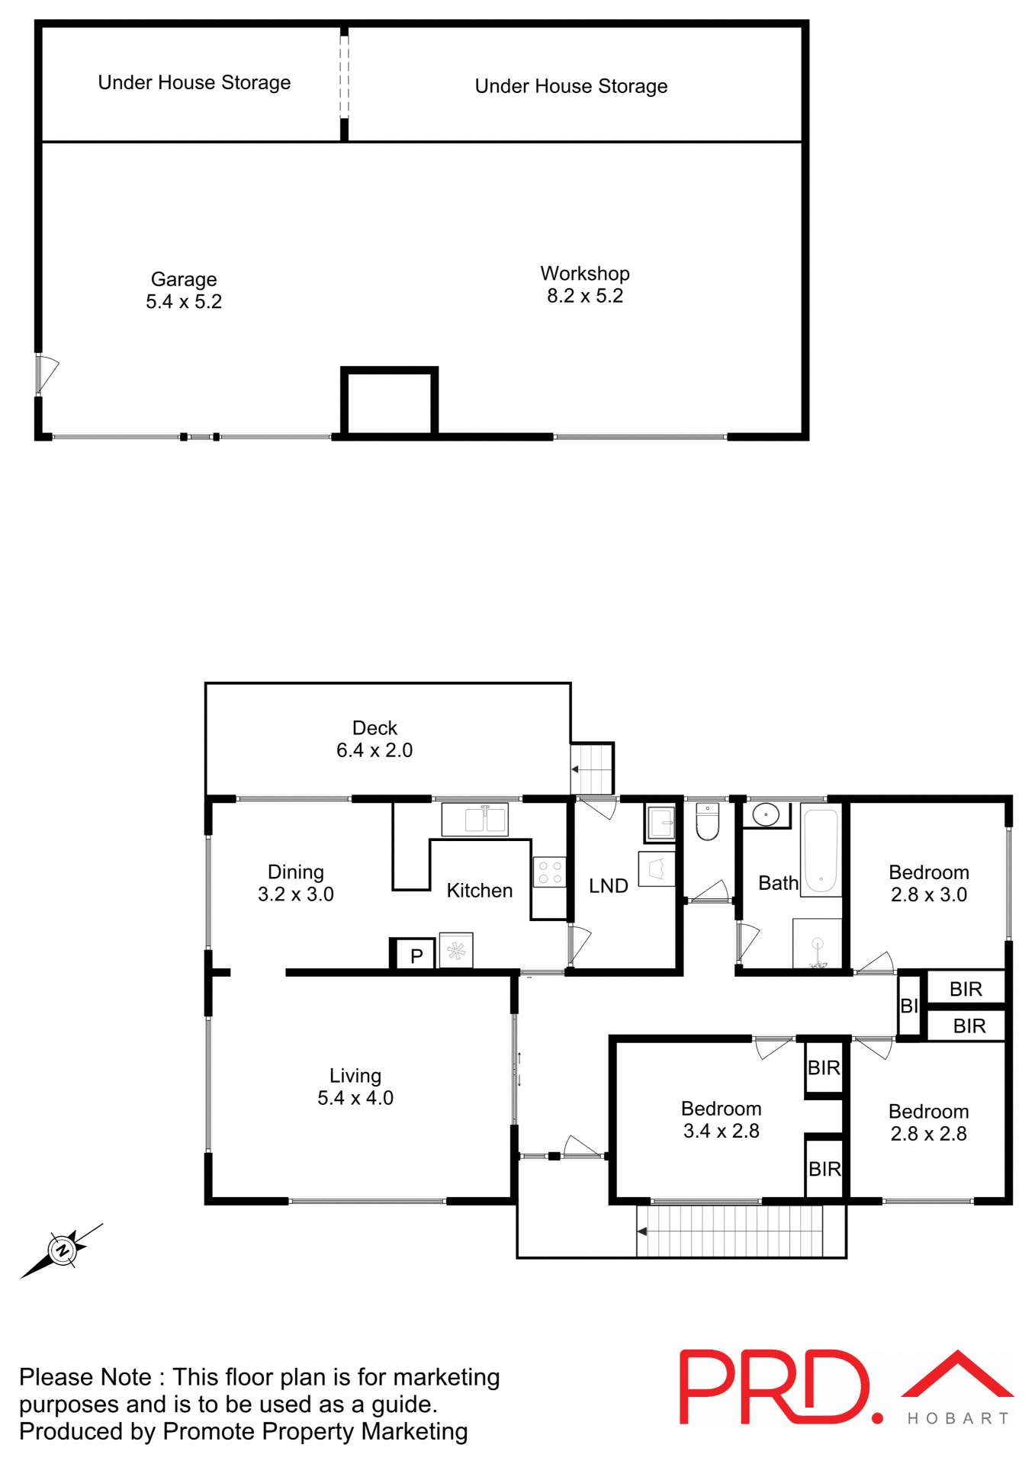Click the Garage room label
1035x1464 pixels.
(x=184, y=280)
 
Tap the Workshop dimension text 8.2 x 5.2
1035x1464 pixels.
(x=584, y=296)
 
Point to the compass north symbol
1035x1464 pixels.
(x=62, y=1250)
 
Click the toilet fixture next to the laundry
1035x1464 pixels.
(x=707, y=822)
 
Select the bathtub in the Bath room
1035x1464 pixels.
(x=821, y=851)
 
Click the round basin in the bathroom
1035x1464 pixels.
(x=765, y=814)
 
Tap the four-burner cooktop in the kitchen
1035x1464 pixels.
(x=549, y=872)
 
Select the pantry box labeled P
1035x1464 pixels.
(x=416, y=955)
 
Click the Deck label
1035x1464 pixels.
(x=374, y=728)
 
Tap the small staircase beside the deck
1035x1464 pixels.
(x=593, y=769)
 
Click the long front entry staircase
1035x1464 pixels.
(x=730, y=1231)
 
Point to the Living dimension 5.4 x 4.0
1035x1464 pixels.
(x=355, y=1098)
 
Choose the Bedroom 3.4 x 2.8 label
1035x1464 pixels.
(x=721, y=1109)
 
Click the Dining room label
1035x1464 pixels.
(x=296, y=872)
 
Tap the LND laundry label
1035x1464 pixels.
(x=608, y=886)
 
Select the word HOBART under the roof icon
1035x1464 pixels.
(x=958, y=1418)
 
